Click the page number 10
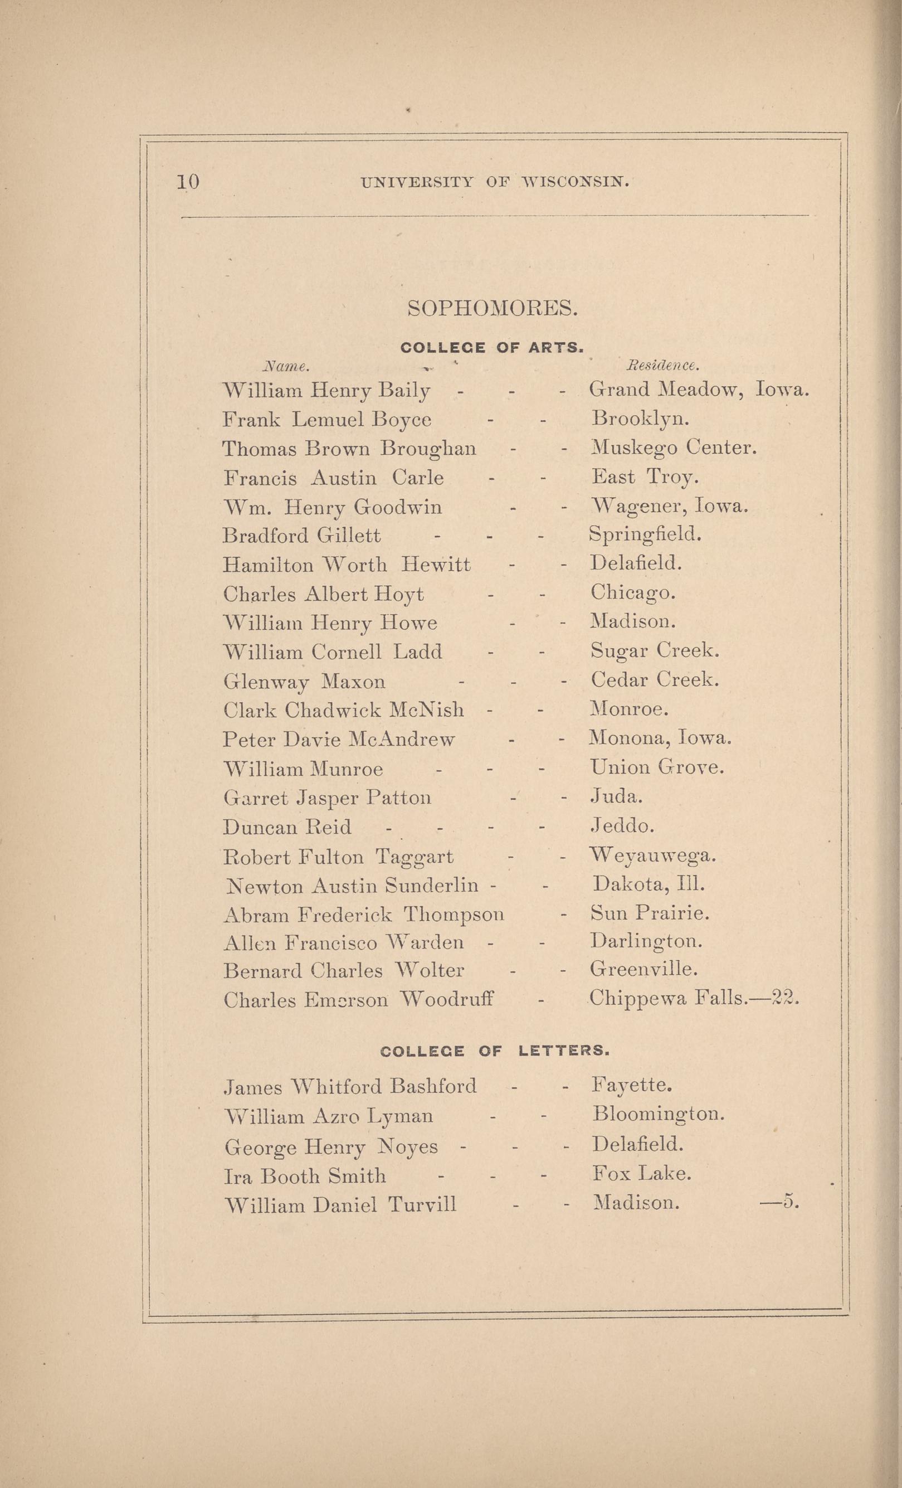coord(188,182)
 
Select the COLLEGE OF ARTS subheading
coord(491,347)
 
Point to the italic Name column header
coord(286,366)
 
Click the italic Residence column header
coord(663,366)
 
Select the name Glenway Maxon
coord(304,682)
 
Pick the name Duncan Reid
coord(287,826)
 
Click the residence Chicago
coord(632,592)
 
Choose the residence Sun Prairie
coord(650,912)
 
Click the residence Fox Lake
coord(642,1173)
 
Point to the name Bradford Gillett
coord(302,536)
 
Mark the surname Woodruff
coord(447,999)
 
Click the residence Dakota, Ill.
coord(649,884)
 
